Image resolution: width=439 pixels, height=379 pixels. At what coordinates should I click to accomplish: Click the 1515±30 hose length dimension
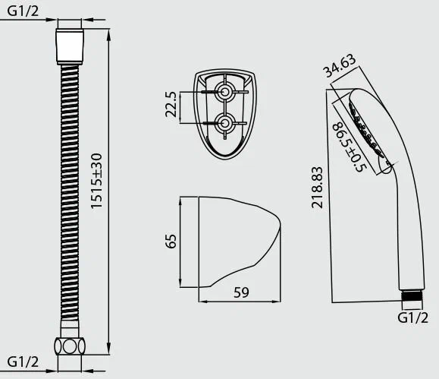[97, 181]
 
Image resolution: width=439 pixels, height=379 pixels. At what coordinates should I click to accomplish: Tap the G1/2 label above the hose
[23, 11]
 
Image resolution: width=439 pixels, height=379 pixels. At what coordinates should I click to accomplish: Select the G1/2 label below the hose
[23, 362]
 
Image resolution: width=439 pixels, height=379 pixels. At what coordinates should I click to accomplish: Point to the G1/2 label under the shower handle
[413, 317]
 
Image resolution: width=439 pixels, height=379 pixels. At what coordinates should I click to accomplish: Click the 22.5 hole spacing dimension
[171, 104]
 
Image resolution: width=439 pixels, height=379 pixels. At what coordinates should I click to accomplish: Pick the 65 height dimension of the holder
[171, 242]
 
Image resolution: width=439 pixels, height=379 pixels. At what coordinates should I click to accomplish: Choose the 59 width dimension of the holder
[241, 292]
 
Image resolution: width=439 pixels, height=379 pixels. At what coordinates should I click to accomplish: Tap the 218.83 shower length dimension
[317, 188]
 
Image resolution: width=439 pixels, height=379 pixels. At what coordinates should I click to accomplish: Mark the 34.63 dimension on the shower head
[340, 66]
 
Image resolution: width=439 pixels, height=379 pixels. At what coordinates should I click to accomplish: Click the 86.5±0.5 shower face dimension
[349, 147]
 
